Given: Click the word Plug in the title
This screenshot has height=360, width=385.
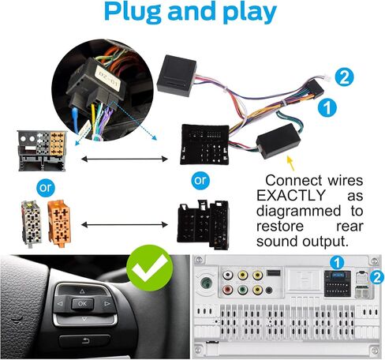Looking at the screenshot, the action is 133,13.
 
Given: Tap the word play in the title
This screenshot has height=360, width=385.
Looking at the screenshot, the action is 250,13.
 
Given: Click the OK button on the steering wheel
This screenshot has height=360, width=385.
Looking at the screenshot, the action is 82,304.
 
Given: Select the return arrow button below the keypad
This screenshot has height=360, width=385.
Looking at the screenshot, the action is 84,341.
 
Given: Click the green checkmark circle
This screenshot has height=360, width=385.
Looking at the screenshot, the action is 150,268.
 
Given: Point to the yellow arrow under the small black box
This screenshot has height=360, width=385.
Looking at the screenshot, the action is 290,163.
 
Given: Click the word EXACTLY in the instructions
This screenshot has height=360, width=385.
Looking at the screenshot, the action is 291,196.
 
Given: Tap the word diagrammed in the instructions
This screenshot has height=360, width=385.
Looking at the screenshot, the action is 298,211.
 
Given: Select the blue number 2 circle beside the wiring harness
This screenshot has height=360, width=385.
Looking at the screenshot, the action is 344,77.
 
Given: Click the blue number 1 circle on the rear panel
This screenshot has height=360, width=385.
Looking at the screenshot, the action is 337,263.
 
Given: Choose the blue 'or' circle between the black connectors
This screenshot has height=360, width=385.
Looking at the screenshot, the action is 200,181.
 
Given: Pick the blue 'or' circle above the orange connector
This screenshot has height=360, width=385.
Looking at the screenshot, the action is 46,188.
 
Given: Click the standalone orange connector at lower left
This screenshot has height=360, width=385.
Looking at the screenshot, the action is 59,223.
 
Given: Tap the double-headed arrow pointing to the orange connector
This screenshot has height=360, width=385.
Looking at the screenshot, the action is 125,225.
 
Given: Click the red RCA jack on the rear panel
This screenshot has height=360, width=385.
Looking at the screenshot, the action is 227,290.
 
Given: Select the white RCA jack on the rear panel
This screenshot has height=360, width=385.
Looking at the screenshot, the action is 227,276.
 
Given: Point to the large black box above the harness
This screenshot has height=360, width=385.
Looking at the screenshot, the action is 177,76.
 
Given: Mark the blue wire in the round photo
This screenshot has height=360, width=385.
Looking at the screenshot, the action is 75,120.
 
